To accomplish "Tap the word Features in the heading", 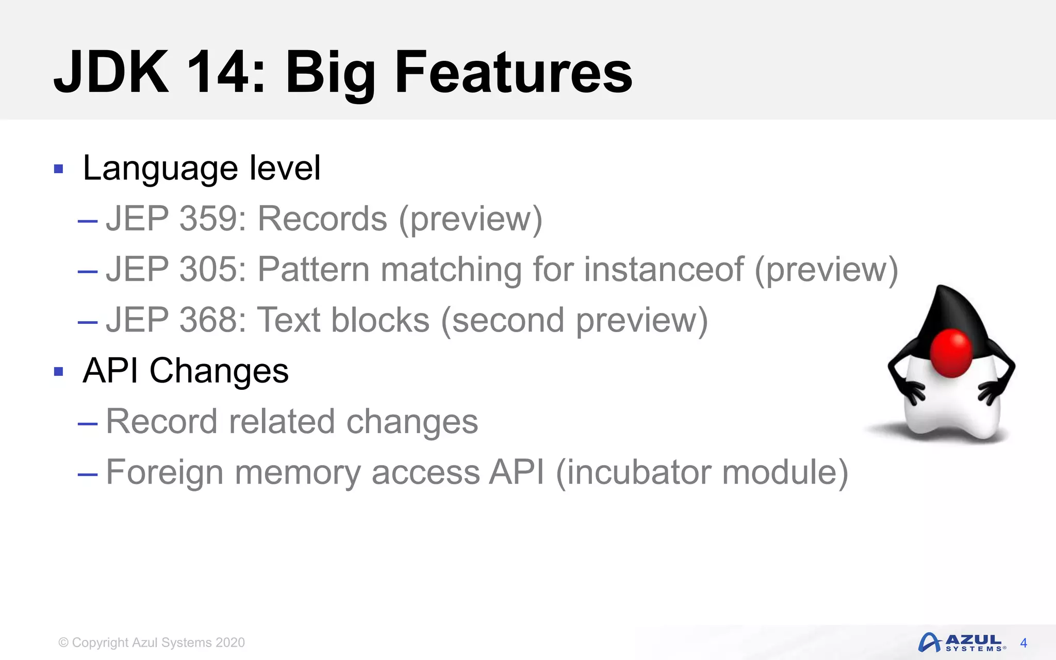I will (513, 72).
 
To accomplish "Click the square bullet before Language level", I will (58, 169).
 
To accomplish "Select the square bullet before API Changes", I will (58, 371).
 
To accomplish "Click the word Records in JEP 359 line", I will (322, 219).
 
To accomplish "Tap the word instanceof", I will (664, 269).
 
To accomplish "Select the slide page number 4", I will (1024, 643).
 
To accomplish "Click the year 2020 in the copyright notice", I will (230, 642).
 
